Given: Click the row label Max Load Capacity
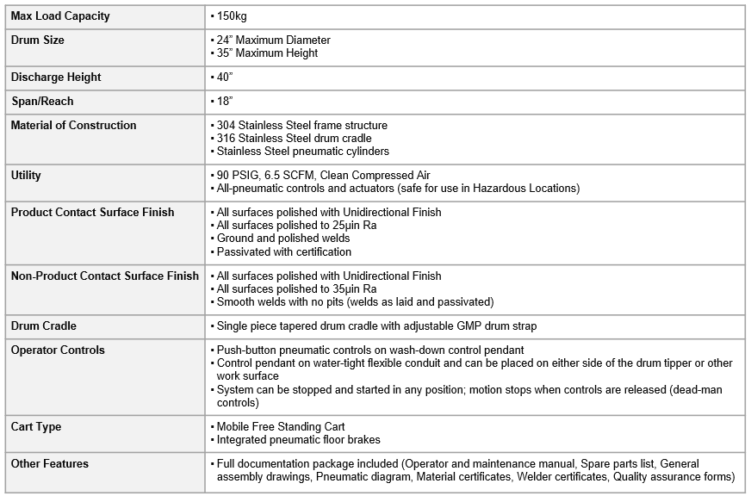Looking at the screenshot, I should (x=60, y=16).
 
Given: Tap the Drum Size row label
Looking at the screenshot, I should (x=37, y=40).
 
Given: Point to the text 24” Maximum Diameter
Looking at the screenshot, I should (x=273, y=40).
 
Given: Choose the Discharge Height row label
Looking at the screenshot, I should (x=56, y=77).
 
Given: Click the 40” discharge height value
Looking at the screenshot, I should (x=225, y=77).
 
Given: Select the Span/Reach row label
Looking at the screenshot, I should (x=42, y=102).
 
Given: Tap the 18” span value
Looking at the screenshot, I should (x=225, y=102).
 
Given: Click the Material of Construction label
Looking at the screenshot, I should (x=73, y=126).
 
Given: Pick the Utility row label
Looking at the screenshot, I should (x=26, y=176).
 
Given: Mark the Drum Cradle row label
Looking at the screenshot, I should (x=43, y=326).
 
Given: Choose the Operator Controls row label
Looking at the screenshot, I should (x=58, y=350).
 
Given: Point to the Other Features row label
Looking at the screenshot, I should (x=49, y=464).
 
